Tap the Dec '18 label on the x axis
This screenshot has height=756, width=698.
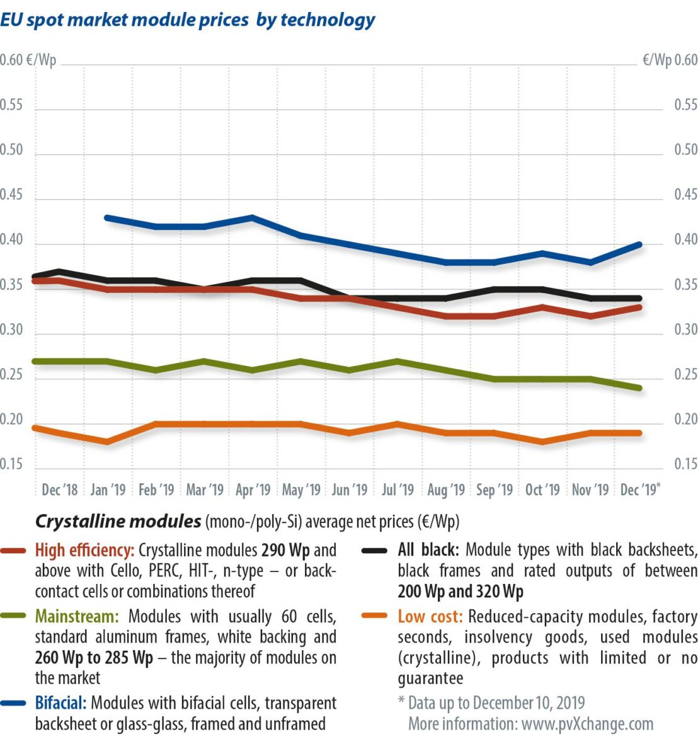click(x=60, y=490)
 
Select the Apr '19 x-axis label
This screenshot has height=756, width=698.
click(x=253, y=490)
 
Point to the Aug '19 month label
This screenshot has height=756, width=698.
click(x=446, y=490)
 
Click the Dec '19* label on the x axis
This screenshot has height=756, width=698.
click(x=640, y=490)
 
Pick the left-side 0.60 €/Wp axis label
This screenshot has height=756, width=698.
click(x=28, y=60)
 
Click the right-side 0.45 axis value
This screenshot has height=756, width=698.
click(x=685, y=195)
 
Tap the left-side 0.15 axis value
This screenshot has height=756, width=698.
click(x=11, y=464)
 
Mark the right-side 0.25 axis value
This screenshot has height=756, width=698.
click(x=685, y=375)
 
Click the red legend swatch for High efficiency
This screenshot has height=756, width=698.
click(x=13, y=551)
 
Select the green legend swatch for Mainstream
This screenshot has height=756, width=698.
click(x=13, y=617)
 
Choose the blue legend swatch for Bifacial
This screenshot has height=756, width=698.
click(x=13, y=704)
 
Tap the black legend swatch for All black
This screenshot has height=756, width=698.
click(x=375, y=551)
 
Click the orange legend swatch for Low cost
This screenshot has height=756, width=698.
click(x=375, y=617)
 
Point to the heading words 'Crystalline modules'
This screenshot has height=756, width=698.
click(x=118, y=522)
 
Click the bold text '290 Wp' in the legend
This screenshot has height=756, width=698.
click(x=285, y=551)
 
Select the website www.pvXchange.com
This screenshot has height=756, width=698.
click(x=587, y=724)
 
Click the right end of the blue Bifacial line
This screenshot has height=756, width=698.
click(x=639, y=244)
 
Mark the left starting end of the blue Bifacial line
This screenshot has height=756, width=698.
click(x=107, y=218)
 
